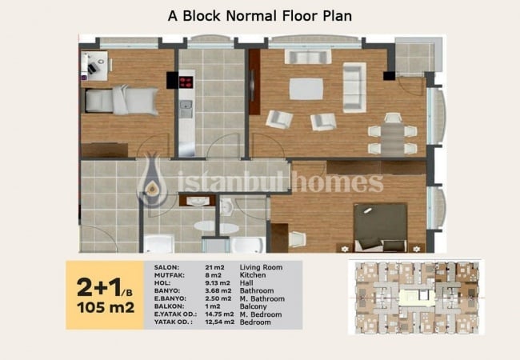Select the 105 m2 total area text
pos(106,308)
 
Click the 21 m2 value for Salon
pos(214,267)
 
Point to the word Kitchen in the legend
pos(253,275)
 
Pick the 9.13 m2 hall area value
pos(218,283)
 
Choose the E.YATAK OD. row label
pos(175,314)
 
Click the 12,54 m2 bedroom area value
pos(219,322)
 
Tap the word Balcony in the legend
pos(254,306)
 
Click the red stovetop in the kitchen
pos(186,82)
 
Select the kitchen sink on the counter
pos(186,109)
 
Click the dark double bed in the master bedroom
pos(380,227)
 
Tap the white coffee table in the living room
pos(306,89)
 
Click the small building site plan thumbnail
pos(416,298)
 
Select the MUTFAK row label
pos(169,275)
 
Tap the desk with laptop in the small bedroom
pos(94,66)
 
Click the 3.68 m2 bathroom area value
pos(218,291)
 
